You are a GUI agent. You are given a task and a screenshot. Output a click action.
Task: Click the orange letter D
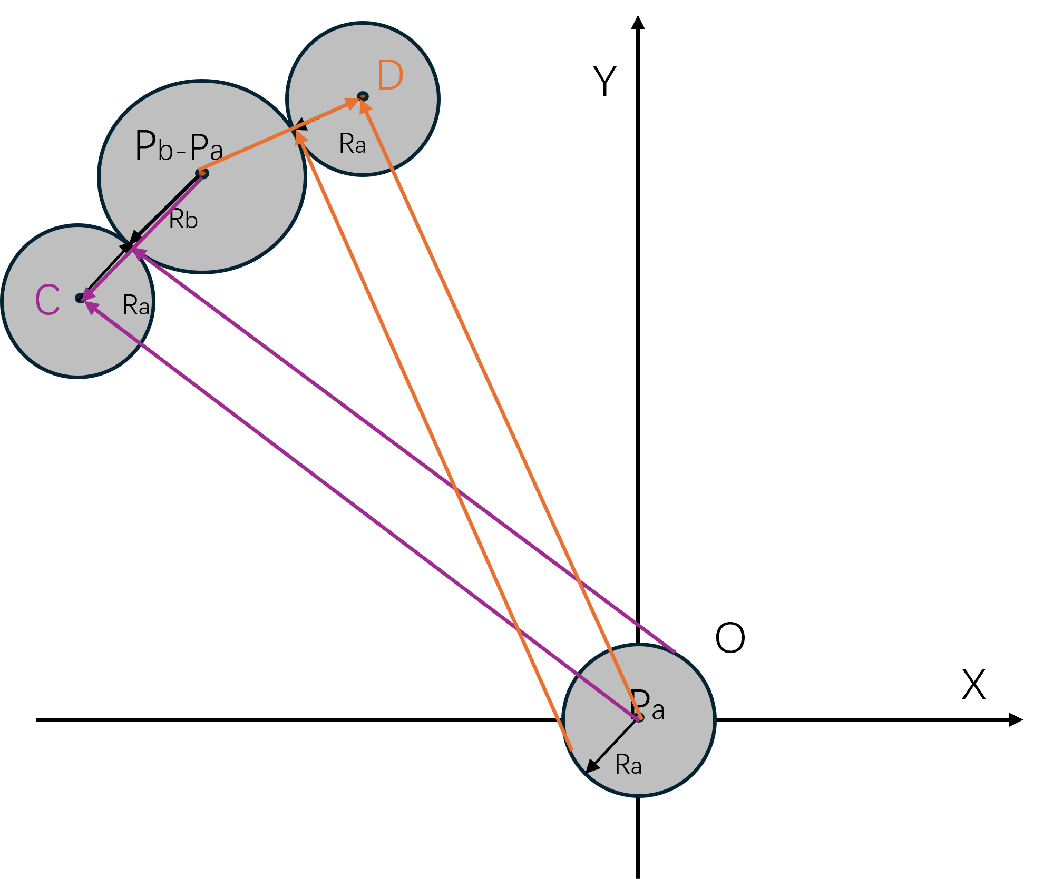[391, 75]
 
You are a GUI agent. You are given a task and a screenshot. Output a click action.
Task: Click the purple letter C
[47, 300]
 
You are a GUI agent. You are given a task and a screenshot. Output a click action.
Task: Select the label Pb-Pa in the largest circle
[179, 146]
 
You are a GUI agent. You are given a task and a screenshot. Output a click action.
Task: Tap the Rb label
[183, 220]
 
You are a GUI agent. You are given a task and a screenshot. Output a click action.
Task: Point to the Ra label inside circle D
[352, 144]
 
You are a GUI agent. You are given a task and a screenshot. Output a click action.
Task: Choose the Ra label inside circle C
[136, 305]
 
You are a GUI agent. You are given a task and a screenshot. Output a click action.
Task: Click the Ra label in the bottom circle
[628, 765]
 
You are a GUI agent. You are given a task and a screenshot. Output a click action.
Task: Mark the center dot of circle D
[363, 96]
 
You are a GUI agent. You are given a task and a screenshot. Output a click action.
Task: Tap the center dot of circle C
[80, 298]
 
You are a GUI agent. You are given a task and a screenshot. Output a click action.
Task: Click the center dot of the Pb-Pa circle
[202, 173]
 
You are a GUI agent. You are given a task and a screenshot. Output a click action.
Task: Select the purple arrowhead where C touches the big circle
[138, 253]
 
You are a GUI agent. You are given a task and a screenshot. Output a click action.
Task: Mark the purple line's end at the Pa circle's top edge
[674, 651]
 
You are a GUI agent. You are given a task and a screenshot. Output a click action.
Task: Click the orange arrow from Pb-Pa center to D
[274, 138]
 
